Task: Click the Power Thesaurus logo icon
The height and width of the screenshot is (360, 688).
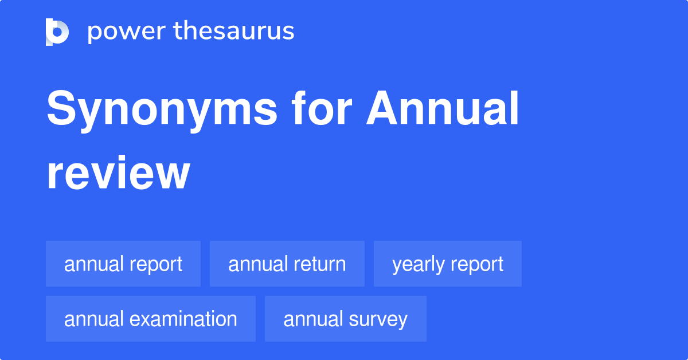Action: click(x=57, y=32)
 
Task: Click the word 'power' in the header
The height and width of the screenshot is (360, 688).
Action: click(x=125, y=32)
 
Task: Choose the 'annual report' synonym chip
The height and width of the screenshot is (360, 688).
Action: click(x=123, y=264)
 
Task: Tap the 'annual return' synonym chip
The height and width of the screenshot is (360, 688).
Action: click(x=287, y=264)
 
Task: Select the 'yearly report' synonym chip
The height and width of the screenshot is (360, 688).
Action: click(x=448, y=264)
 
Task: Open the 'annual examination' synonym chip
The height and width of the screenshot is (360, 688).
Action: click(x=151, y=319)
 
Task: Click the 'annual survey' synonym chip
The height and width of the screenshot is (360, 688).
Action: click(x=346, y=319)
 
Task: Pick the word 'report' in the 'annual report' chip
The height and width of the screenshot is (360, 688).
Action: click(x=156, y=265)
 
